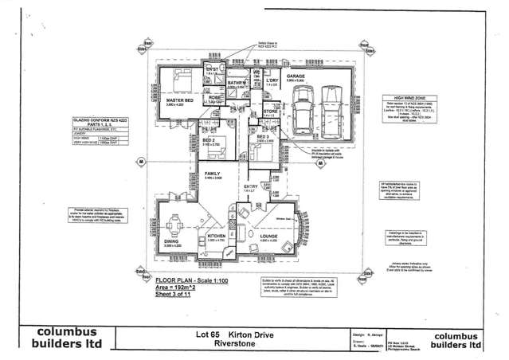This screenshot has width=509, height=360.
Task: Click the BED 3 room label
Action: coord(264,137)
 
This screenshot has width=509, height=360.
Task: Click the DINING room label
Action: coord(172,242)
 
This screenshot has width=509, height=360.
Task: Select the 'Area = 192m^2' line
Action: coord(174,288)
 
